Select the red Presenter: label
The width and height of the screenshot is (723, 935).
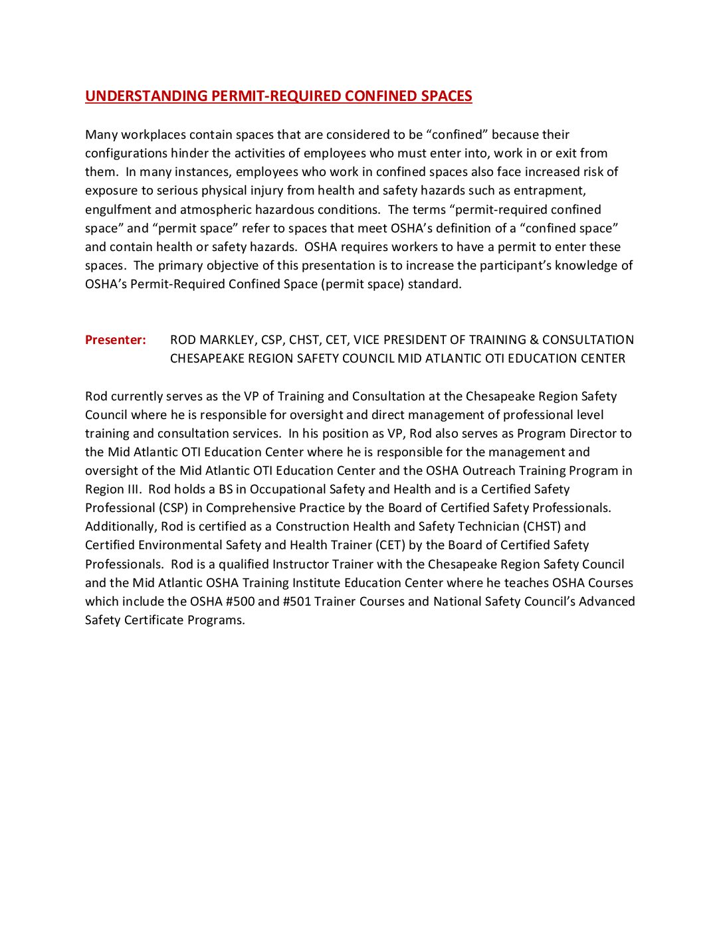point(116,340)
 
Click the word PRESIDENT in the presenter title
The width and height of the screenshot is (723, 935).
point(413,340)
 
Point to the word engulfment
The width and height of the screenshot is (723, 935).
point(118,210)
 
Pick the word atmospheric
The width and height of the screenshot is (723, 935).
point(213,210)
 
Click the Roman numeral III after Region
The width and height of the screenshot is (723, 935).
point(132,489)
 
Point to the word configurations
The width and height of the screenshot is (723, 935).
point(126,153)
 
